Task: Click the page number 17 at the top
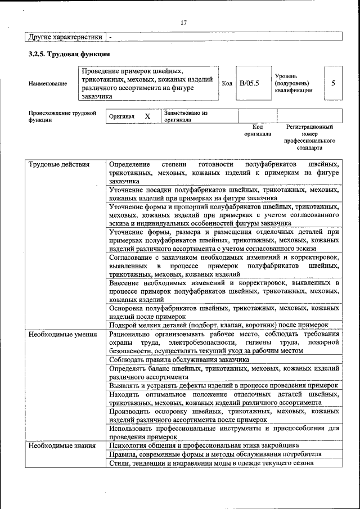(x=183, y=22)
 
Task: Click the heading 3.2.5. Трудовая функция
(x=69, y=54)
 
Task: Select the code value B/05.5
(x=249, y=83)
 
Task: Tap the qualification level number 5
(x=333, y=83)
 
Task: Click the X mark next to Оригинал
(x=147, y=116)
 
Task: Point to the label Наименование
(x=47, y=83)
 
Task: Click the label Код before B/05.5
(x=227, y=83)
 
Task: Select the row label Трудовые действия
(x=59, y=164)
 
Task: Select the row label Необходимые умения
(x=63, y=334)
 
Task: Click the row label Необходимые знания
(x=62, y=445)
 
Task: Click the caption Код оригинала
(x=258, y=130)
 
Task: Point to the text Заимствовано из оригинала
(x=186, y=116)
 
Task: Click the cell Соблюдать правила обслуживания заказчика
(x=179, y=359)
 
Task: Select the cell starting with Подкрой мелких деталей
(x=218, y=325)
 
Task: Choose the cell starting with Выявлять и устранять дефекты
(x=223, y=385)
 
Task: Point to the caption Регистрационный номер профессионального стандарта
(x=309, y=137)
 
